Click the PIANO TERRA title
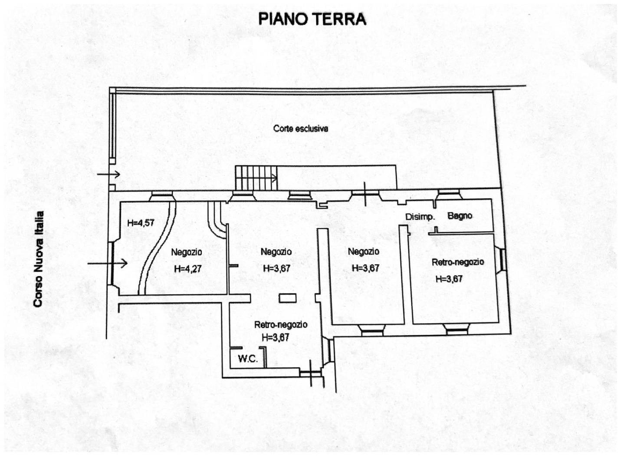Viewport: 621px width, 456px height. point(312,20)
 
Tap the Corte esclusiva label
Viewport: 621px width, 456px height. point(301,129)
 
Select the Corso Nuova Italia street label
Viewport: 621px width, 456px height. point(39,259)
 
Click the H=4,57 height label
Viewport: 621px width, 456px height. point(141,223)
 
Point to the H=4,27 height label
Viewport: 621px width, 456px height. point(187,269)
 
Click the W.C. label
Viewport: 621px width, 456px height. point(248,359)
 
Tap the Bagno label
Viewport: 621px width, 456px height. point(460,216)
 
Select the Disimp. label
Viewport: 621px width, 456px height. point(420,217)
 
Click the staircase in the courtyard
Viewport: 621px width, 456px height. point(256,178)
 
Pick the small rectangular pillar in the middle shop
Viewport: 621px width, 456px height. point(287,298)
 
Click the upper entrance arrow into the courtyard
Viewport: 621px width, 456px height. point(108,175)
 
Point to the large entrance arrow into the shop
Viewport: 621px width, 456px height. point(108,263)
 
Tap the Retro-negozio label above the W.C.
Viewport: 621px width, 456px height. point(281,324)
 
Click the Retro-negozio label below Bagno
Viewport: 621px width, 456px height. point(458,262)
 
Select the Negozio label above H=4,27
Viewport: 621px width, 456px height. point(187,252)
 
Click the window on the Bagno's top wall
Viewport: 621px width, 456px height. point(449,194)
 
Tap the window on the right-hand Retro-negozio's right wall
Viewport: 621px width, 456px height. point(502,259)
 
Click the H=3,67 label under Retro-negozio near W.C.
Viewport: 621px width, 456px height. point(275,337)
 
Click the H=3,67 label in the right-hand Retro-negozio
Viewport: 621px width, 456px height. point(449,279)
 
